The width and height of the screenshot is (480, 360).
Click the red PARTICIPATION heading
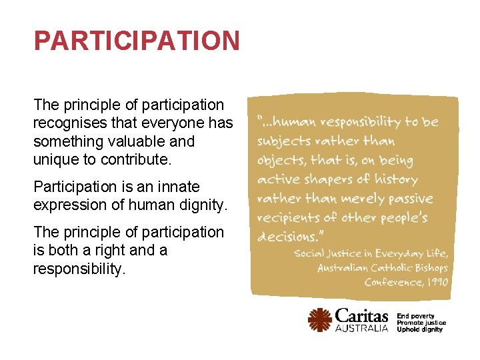point(137,41)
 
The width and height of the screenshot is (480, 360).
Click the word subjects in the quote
point(284,141)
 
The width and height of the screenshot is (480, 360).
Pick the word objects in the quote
point(281,161)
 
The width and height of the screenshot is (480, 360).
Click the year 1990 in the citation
point(435,282)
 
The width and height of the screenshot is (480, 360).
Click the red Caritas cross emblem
point(320,320)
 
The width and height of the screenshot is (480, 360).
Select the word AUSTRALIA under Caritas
point(361,329)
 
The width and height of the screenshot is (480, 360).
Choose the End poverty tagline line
point(415,316)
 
